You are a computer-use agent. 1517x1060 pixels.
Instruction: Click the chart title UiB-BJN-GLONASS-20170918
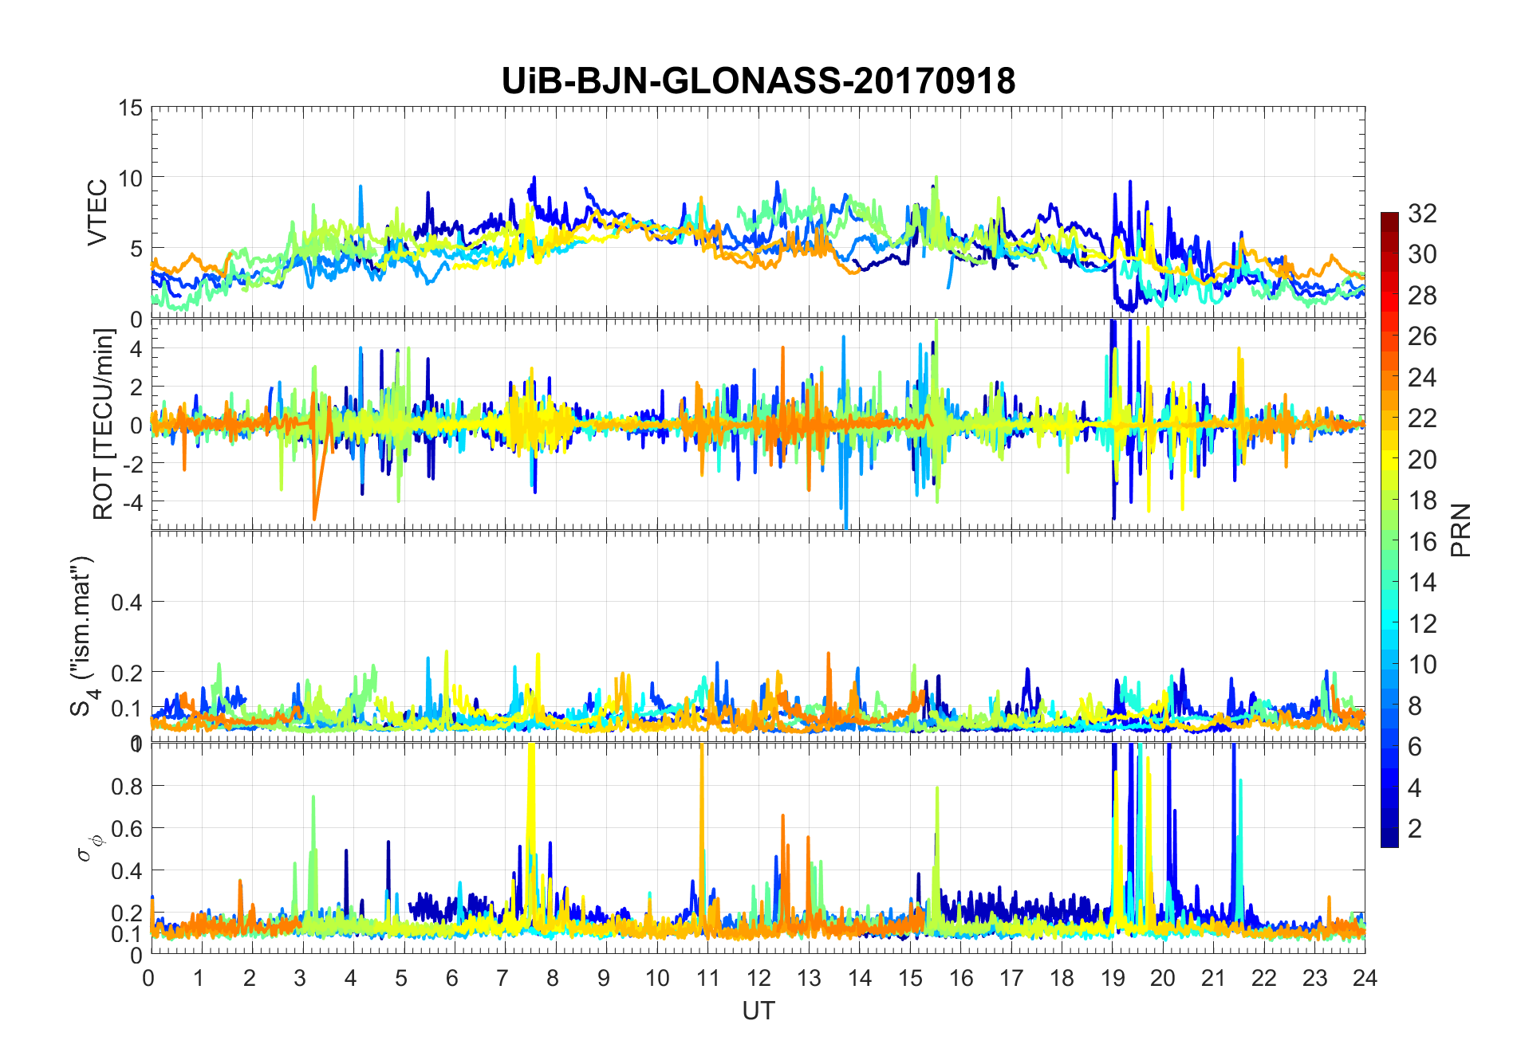click(x=758, y=81)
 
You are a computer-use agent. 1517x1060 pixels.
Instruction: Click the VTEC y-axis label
click(x=97, y=213)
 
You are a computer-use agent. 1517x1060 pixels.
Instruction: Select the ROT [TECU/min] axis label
click(x=104, y=424)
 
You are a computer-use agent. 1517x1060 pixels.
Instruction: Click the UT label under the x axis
click(x=758, y=1011)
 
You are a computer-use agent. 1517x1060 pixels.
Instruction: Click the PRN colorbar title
click(x=1460, y=530)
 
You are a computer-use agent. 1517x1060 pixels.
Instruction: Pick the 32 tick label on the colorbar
click(x=1422, y=213)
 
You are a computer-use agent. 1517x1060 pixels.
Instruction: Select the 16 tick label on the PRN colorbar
click(x=1422, y=541)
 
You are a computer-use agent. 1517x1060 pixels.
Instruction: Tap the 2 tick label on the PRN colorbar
click(x=1415, y=828)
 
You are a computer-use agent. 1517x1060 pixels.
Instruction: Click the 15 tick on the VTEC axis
click(x=131, y=108)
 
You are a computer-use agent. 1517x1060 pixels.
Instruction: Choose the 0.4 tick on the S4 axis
click(x=126, y=603)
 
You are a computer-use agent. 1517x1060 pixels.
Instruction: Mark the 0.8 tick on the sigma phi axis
click(x=128, y=786)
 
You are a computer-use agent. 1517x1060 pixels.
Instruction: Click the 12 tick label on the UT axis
click(x=758, y=978)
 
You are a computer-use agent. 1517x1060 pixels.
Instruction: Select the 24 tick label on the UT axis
click(x=1365, y=978)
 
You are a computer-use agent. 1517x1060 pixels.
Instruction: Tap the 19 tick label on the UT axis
click(x=1112, y=978)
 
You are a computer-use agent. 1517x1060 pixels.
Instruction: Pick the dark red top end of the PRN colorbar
click(x=1389, y=217)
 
